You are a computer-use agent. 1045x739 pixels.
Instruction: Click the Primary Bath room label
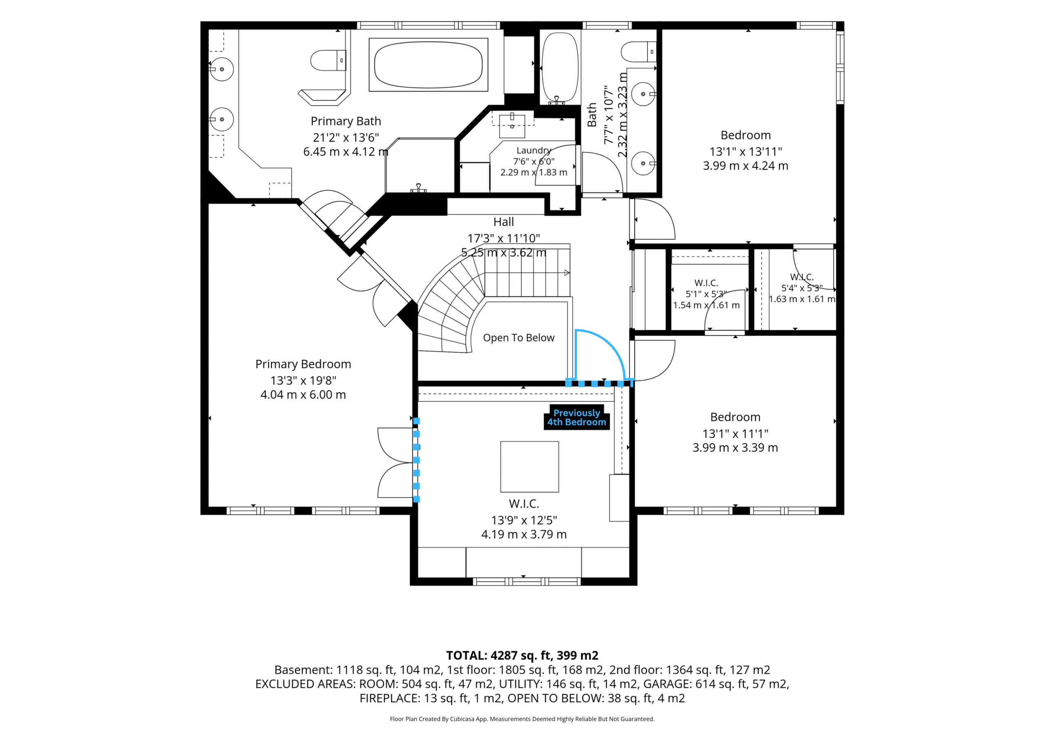pyautogui.click(x=345, y=121)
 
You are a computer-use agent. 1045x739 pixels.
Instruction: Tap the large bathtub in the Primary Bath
pyautogui.click(x=428, y=65)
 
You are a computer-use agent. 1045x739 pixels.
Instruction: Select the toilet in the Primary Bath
pyautogui.click(x=328, y=60)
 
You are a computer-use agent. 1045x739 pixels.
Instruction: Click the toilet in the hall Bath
pyautogui.click(x=638, y=51)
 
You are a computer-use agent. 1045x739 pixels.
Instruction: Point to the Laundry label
pyautogui.click(x=534, y=150)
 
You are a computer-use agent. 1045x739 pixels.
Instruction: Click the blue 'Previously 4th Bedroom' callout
pyautogui.click(x=577, y=417)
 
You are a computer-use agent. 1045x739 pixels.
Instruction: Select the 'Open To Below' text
pyautogui.click(x=518, y=338)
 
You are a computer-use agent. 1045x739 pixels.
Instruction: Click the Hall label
pyautogui.click(x=503, y=222)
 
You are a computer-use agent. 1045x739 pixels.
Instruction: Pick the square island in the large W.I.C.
pyautogui.click(x=529, y=467)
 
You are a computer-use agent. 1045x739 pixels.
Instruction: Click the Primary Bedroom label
pyautogui.click(x=303, y=364)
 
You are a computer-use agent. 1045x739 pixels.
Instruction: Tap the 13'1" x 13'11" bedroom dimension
pyautogui.click(x=745, y=151)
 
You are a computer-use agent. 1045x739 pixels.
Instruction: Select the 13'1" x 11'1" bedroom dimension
pyautogui.click(x=735, y=434)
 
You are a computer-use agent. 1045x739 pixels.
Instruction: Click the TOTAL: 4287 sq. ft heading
pyautogui.click(x=522, y=656)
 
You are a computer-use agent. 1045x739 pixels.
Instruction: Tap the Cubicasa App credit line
pyautogui.click(x=522, y=719)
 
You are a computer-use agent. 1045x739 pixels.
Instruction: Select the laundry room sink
pyautogui.click(x=512, y=126)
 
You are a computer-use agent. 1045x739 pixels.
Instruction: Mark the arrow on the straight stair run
pyautogui.click(x=567, y=273)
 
